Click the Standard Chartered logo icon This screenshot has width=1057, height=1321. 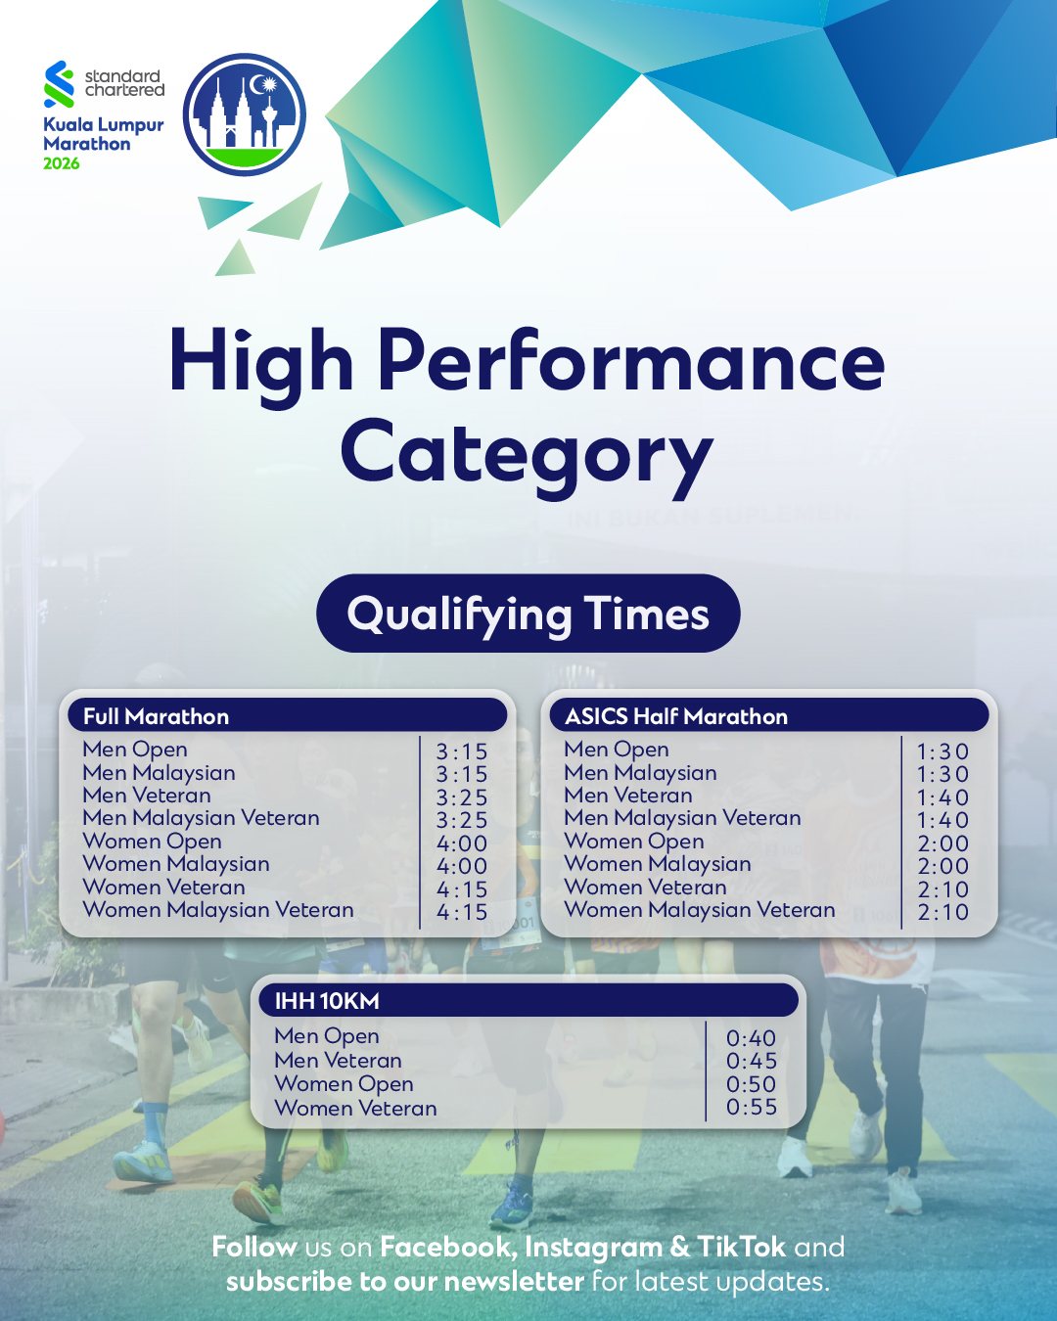click(59, 84)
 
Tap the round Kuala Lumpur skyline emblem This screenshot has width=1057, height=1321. click(245, 114)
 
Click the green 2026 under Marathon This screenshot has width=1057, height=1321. click(62, 163)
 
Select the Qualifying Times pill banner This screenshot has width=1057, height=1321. click(528, 614)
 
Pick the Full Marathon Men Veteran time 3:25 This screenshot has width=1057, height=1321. click(462, 797)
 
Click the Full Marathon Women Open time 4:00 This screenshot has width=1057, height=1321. click(462, 843)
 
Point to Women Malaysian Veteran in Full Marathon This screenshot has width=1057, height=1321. click(218, 910)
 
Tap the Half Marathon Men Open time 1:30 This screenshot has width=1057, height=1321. click(942, 752)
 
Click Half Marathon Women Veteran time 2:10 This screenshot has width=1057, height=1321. click(942, 889)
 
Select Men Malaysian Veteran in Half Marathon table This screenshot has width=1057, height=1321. click(683, 818)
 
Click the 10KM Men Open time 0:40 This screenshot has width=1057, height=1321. click(751, 1038)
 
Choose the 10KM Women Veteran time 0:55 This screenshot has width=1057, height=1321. click(751, 1107)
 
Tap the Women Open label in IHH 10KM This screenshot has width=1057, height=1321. click(344, 1084)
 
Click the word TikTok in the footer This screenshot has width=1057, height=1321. click(741, 1247)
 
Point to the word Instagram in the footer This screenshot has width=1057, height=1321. click(593, 1249)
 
